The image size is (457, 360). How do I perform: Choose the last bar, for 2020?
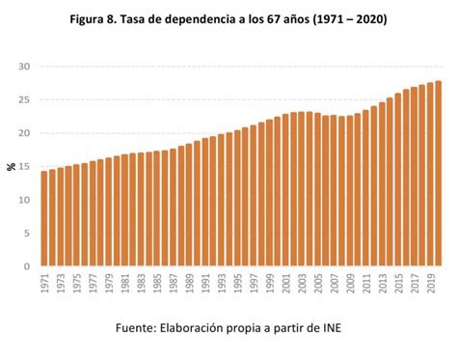pyautogui.click(x=438, y=174)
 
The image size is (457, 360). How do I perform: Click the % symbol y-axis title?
pyautogui.click(x=11, y=167)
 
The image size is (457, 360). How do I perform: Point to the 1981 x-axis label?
pyautogui.click(x=124, y=287)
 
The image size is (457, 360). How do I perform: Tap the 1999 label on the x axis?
pyautogui.click(x=269, y=287)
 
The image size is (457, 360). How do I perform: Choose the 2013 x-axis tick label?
pyautogui.click(x=382, y=287)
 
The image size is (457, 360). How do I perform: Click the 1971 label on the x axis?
pyautogui.click(x=44, y=287)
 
